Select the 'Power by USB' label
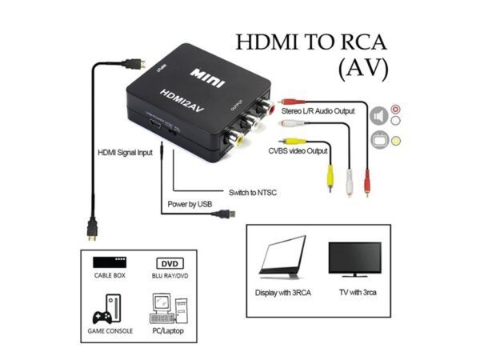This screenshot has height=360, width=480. (x=192, y=204)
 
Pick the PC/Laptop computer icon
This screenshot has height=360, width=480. (x=168, y=308)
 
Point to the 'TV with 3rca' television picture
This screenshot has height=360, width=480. (x=357, y=261)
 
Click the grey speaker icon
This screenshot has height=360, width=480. (x=378, y=117)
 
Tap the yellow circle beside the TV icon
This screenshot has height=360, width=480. (x=396, y=142)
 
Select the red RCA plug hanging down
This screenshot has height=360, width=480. (x=366, y=183)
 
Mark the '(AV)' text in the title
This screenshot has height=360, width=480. (x=364, y=69)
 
